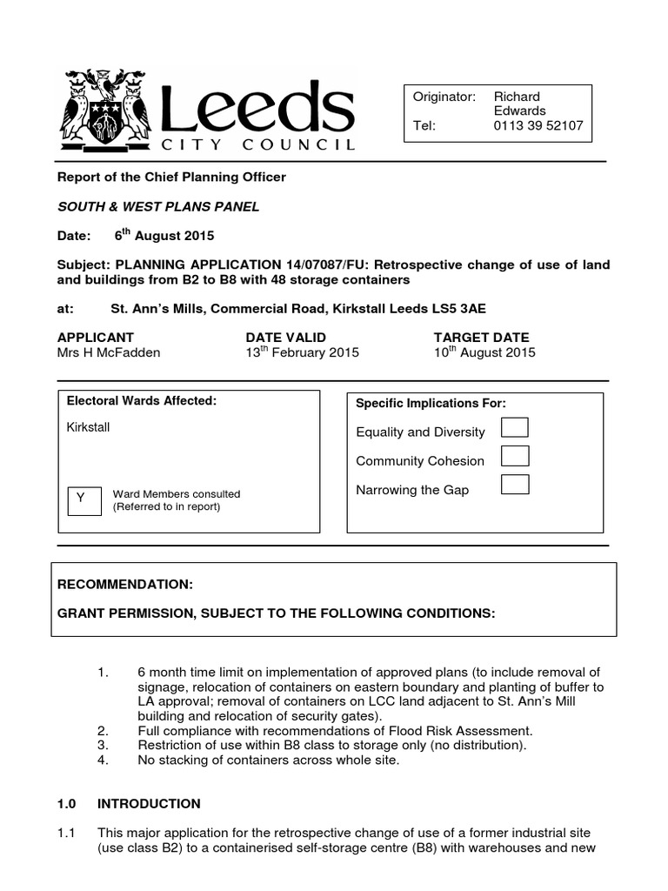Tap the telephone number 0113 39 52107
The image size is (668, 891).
[538, 125]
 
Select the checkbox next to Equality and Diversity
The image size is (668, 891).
[515, 427]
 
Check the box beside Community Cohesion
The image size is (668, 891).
[515, 456]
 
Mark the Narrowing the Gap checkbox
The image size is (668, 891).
[515, 485]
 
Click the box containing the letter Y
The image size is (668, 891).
[81, 498]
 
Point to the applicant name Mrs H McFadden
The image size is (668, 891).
[109, 352]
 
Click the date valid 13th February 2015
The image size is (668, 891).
[302, 352]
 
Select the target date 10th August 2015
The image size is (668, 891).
[484, 352]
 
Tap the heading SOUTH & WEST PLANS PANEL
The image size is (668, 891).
[157, 206]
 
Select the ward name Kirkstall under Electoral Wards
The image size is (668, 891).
[88, 427]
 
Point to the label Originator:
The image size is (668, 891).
[444, 97]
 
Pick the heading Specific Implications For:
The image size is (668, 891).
[431, 403]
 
